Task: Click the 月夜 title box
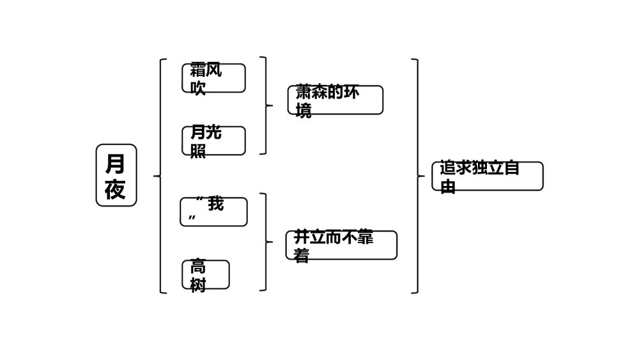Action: (x=116, y=175)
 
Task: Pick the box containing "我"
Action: (x=213, y=212)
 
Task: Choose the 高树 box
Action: (x=205, y=274)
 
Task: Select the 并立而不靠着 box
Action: (x=341, y=245)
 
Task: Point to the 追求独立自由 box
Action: (x=488, y=176)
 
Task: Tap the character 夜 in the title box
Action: (x=116, y=189)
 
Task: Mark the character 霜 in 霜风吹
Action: (x=198, y=70)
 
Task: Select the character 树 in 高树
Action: (x=198, y=285)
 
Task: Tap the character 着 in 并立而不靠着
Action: (x=302, y=256)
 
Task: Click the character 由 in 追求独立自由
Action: (x=448, y=187)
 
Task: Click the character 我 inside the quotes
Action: (x=216, y=205)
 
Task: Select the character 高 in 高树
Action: (x=198, y=267)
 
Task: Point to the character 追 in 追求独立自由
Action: (x=448, y=169)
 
